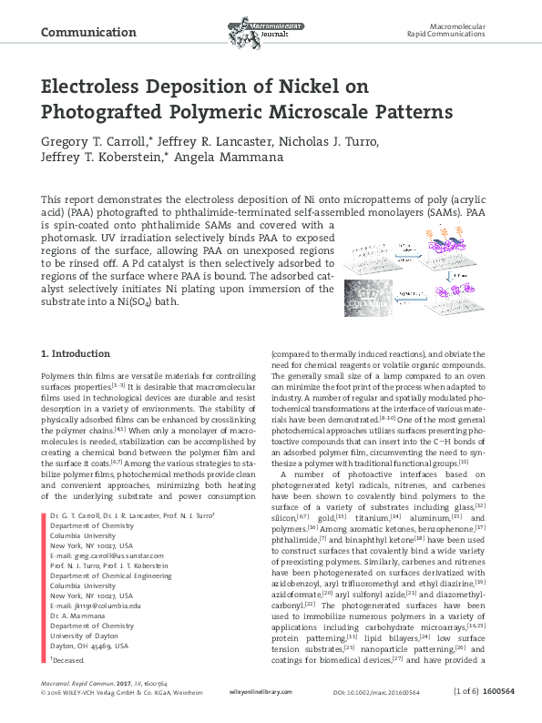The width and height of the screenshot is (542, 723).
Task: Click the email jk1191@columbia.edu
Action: (95, 606)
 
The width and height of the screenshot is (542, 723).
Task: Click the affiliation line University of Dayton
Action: (81, 636)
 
